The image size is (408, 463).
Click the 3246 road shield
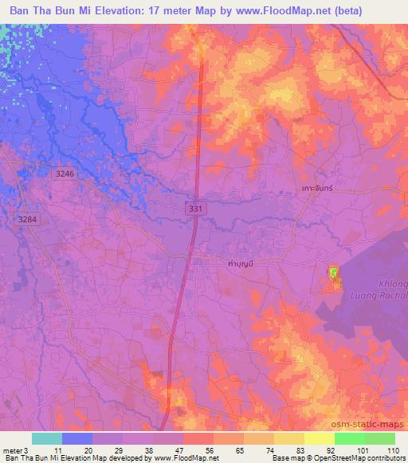[x=65, y=173]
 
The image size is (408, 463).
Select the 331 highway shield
[x=196, y=207]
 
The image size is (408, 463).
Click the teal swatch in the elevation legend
[x=47, y=439]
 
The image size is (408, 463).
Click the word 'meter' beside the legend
[x=11, y=449]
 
